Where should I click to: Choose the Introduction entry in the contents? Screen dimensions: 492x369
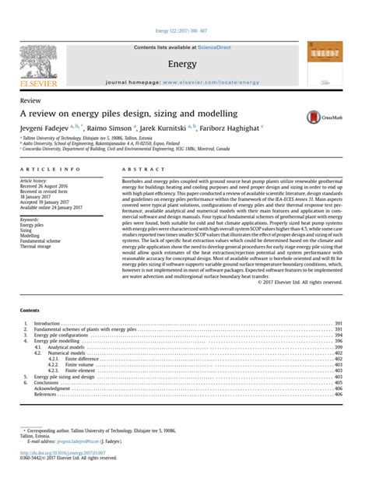47,322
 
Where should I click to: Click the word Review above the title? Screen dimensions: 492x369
30,101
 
